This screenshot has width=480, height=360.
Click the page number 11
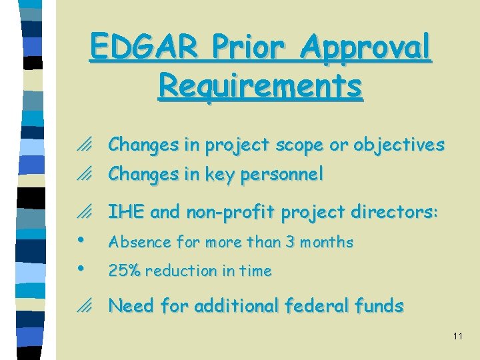click(457, 336)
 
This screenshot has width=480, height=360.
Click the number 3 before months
click(290, 242)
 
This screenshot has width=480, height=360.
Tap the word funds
click(379, 306)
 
